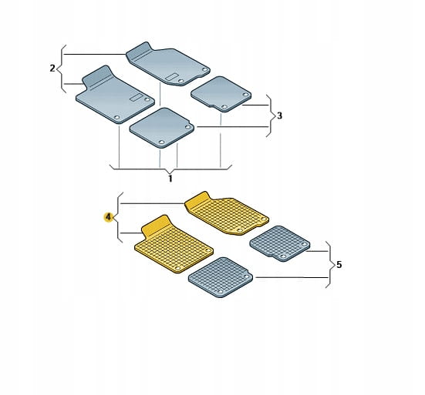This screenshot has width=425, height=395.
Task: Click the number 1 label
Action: pos(170,179)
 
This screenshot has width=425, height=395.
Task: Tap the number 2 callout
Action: pos(52,69)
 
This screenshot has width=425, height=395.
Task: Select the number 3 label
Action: pos(279,115)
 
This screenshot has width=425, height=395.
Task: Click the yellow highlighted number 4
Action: pos(109,217)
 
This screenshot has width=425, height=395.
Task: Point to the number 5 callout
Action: pos(339,265)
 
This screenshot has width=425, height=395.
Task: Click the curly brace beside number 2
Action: pos(62,69)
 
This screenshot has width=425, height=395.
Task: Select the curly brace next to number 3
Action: pos(271,115)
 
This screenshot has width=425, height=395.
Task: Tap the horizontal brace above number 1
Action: pos(170,169)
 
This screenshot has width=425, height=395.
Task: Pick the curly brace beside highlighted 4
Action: pos(119,217)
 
